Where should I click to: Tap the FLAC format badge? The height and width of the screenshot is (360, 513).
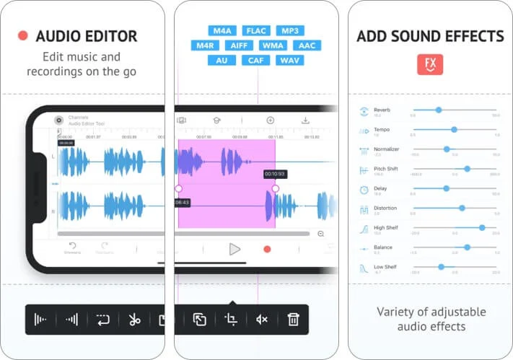pos(257,31)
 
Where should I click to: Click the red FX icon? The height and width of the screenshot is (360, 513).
pos(430,64)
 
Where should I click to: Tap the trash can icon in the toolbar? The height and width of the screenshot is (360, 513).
pos(293,319)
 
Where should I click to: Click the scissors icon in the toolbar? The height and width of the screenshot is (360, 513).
pos(134,319)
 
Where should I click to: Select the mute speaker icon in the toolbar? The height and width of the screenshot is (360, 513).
pos(262,319)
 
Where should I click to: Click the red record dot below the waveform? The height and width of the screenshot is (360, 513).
pos(267,249)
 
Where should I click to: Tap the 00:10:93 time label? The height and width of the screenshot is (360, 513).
pos(274,174)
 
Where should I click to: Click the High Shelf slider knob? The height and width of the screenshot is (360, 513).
pos(481,227)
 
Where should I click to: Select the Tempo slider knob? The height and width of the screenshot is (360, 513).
pos(454,130)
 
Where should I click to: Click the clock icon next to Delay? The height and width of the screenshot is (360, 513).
pos(364,190)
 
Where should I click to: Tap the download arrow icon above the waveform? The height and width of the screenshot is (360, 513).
pos(305,120)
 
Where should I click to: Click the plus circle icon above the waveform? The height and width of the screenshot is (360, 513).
pos(271,120)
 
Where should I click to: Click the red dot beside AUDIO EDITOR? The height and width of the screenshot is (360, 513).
pos(23,35)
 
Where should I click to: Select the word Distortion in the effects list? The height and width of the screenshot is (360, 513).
pos(385,208)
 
